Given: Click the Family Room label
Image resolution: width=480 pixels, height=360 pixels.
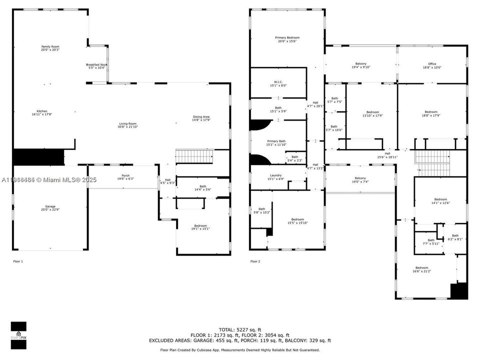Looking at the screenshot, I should click(x=50, y=46).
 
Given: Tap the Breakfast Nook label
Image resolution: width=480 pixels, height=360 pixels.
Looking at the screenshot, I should click(x=96, y=65).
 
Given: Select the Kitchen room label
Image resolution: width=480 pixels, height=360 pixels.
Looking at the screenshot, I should click(x=42, y=111).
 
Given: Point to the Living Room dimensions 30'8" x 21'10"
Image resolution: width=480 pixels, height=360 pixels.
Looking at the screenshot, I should click(x=127, y=127).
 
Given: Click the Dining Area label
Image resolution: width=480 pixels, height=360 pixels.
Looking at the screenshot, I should click(x=201, y=117).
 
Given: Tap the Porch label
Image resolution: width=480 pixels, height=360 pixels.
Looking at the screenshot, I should click(x=125, y=175).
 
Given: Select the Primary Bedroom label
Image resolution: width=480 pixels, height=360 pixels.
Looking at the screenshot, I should click(x=287, y=38).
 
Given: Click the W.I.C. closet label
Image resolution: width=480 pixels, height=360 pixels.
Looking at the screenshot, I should click(x=278, y=82).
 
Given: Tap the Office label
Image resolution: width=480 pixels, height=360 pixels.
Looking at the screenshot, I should click(x=432, y=64).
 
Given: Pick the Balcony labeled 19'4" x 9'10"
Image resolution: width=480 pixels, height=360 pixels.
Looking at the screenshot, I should click(x=360, y=64).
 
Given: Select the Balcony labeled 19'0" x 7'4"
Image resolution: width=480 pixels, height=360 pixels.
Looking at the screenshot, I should click(x=360, y=178).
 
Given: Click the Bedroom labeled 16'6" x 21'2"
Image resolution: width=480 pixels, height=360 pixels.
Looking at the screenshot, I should click(x=421, y=267).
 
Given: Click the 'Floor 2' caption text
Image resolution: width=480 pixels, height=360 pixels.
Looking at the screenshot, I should click(x=255, y=261).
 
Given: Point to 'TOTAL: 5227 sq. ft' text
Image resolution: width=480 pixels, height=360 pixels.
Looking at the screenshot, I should click(x=239, y=329).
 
